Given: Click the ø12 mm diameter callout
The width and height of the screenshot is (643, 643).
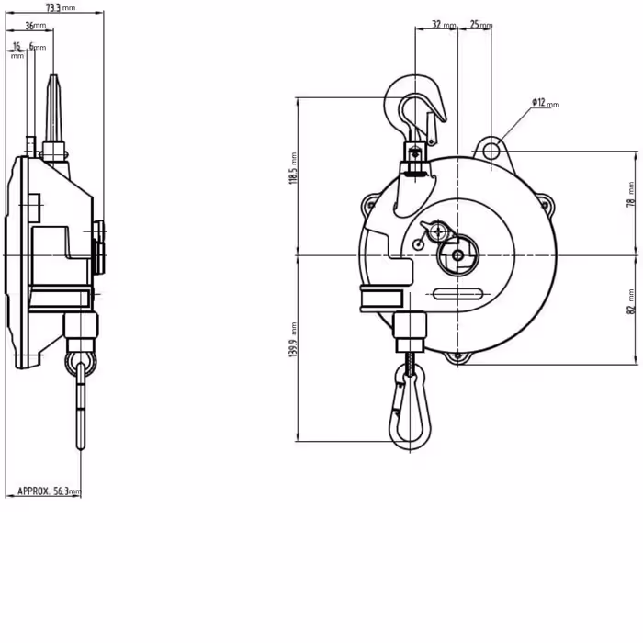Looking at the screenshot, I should click(x=544, y=103).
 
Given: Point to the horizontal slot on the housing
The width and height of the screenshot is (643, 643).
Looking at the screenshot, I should click(x=457, y=295).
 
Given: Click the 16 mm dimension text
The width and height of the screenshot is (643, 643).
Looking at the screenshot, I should click(x=17, y=46).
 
